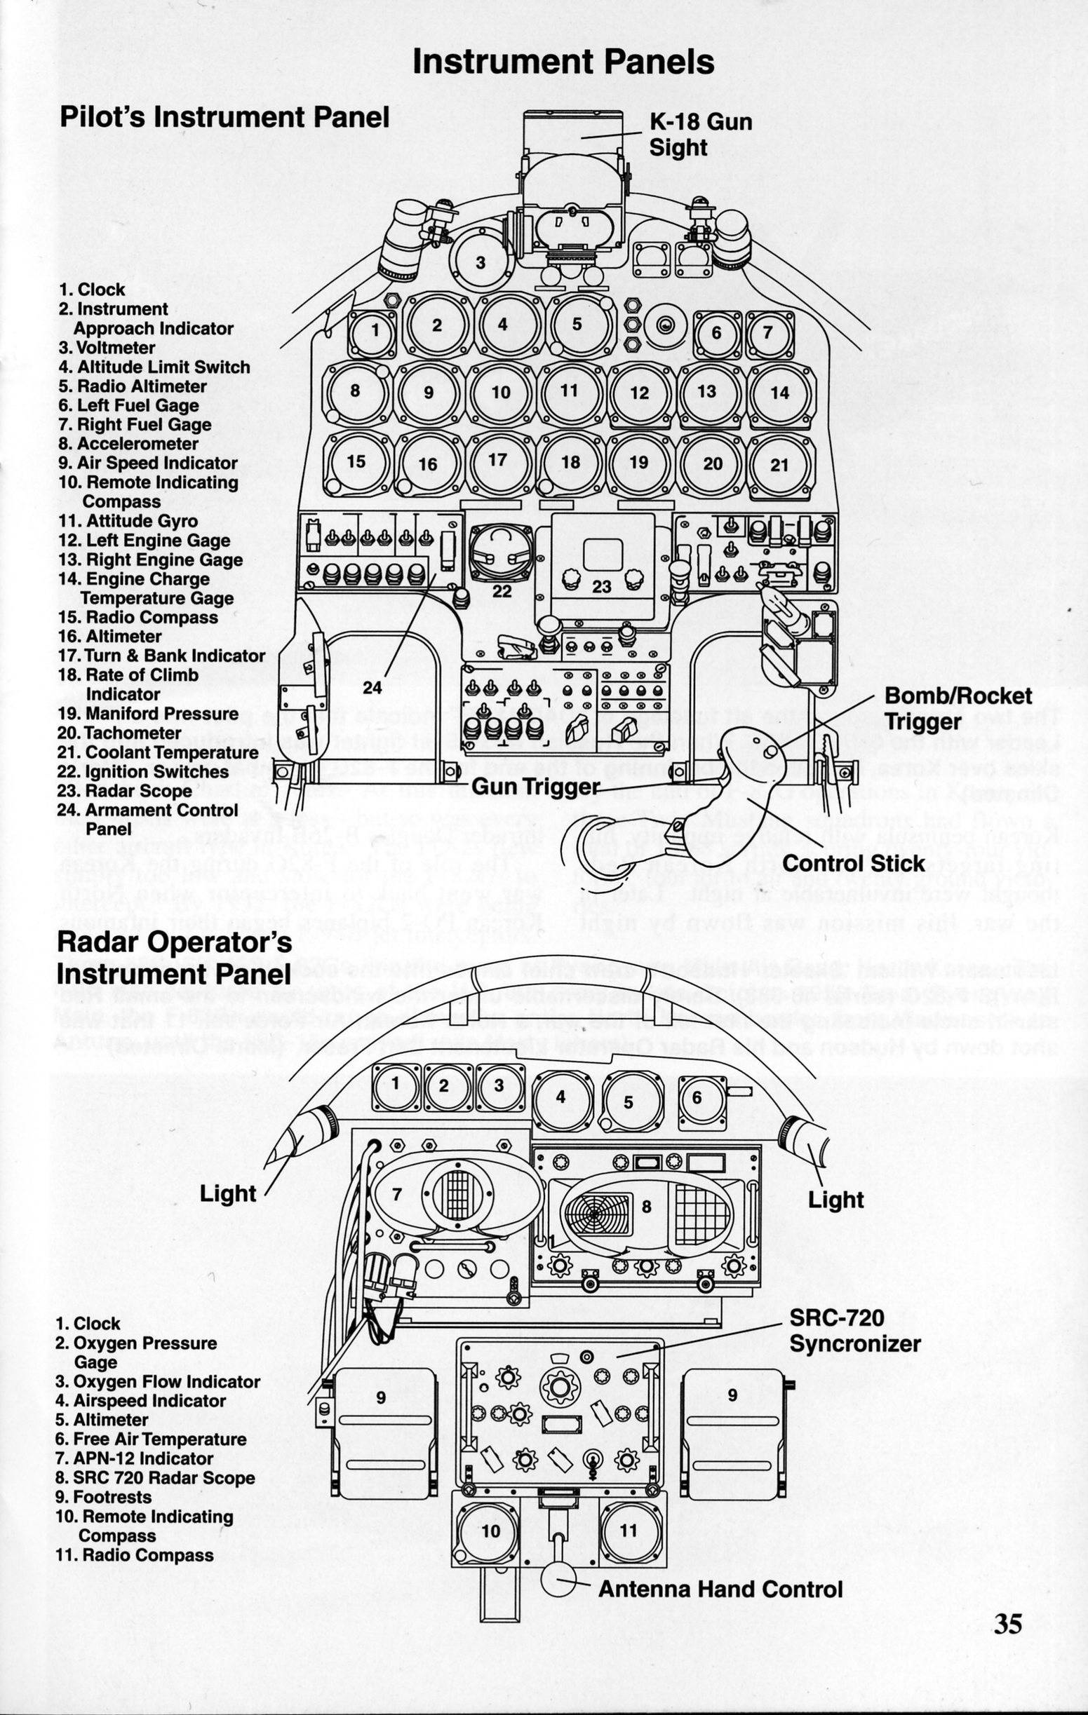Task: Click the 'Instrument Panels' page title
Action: click(x=563, y=62)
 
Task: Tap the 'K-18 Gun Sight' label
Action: click(x=699, y=135)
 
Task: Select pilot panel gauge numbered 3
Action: click(x=482, y=263)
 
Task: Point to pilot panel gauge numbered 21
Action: click(x=779, y=464)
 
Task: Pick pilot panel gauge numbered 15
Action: click(x=356, y=461)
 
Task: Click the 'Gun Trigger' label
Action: click(x=535, y=786)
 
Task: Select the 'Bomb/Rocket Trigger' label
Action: click(x=958, y=709)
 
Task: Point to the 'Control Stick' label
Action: click(x=853, y=864)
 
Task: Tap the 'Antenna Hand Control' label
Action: click(x=720, y=1604)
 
